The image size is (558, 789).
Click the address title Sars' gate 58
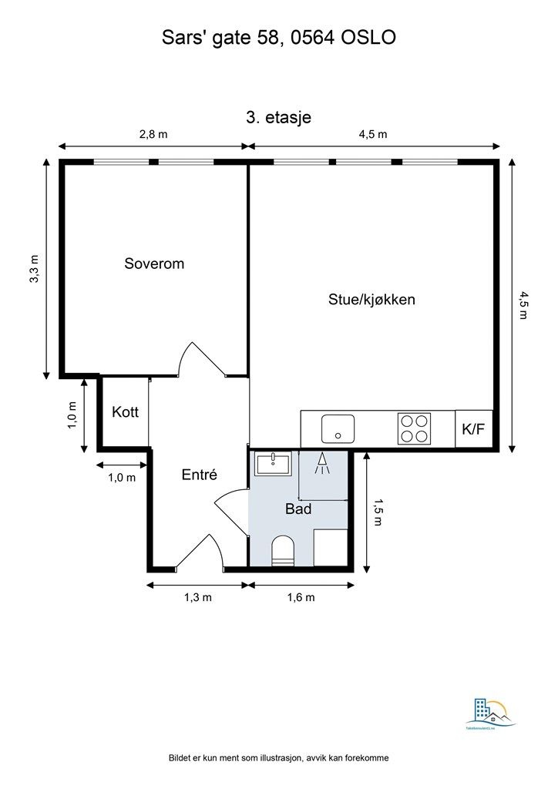pyautogui.click(x=278, y=36)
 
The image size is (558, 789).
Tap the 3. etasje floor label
pyautogui.click(x=278, y=117)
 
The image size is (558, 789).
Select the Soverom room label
pyautogui.click(x=154, y=264)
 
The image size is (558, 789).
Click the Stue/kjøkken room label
pyautogui.click(x=371, y=299)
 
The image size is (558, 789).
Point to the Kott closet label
pyautogui.click(x=125, y=412)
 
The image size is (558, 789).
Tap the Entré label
pyautogui.click(x=200, y=475)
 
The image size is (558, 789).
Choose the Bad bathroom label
pyautogui.click(x=297, y=509)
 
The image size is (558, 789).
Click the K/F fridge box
pyautogui.click(x=473, y=429)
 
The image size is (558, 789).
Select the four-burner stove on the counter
pyautogui.click(x=414, y=428)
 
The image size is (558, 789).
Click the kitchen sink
pyautogui.click(x=338, y=428)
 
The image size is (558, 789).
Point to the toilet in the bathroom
pyautogui.click(x=284, y=552)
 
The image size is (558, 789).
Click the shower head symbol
pyautogui.click(x=322, y=463)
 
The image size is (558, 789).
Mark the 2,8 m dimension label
pyautogui.click(x=153, y=134)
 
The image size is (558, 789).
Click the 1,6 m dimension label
pyautogui.click(x=301, y=597)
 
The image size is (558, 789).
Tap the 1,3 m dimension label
pyautogui.click(x=197, y=597)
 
